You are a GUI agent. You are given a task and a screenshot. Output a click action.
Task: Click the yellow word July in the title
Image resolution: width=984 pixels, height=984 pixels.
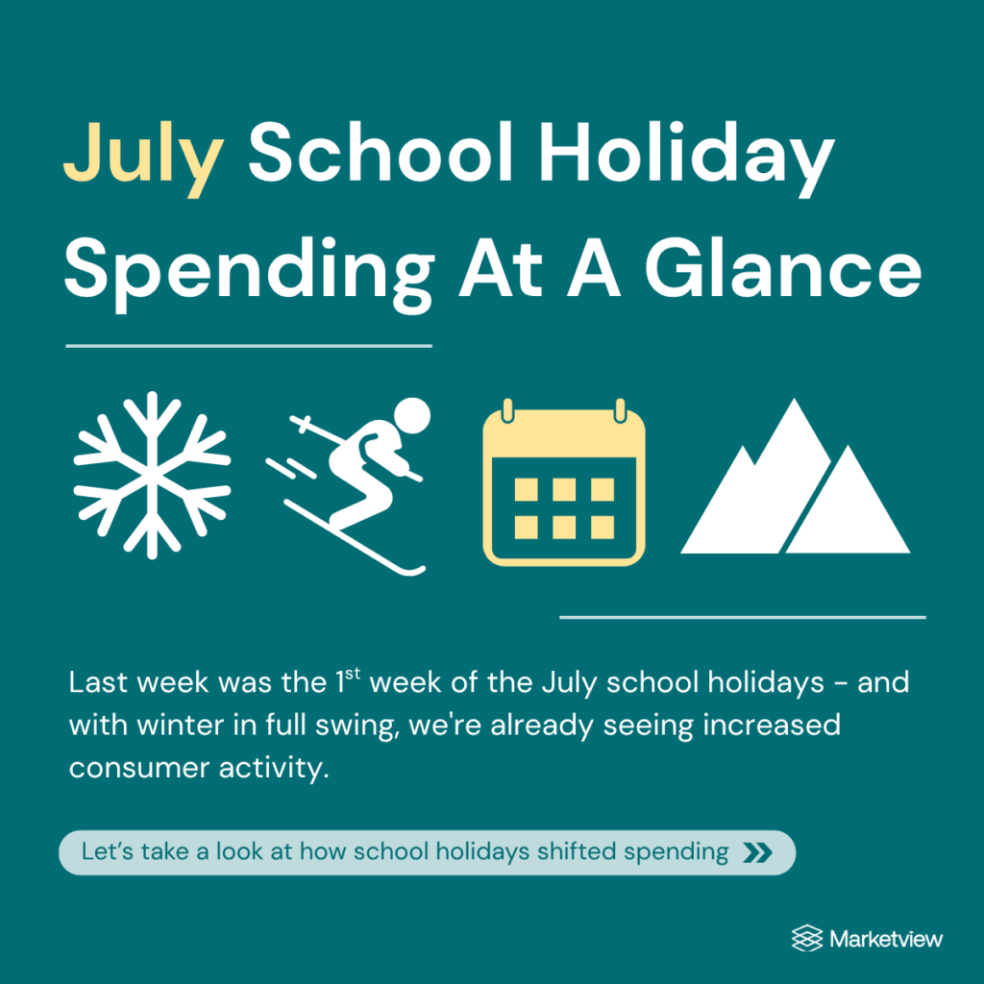pyautogui.click(x=144, y=159)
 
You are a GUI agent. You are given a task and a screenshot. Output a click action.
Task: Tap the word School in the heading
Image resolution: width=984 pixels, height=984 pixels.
pyautogui.click(x=381, y=153)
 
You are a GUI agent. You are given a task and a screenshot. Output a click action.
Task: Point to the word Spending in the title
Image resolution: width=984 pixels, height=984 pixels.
pyautogui.click(x=249, y=274)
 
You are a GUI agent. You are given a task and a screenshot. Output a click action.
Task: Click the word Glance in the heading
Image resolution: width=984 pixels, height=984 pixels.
pyautogui.click(x=783, y=267)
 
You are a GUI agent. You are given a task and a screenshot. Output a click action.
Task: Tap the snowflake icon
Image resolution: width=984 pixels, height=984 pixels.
pyautogui.click(x=152, y=476)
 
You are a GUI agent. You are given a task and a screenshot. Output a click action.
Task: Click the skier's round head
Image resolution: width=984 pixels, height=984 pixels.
pyautogui.click(x=411, y=415)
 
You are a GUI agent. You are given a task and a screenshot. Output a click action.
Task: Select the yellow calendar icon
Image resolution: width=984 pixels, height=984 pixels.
pyautogui.click(x=563, y=482)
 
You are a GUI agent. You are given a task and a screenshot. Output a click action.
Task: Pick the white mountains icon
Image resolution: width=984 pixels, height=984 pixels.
pyautogui.click(x=795, y=476)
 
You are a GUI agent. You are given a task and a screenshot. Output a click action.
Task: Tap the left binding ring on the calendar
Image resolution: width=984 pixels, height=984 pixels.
pyautogui.click(x=507, y=410)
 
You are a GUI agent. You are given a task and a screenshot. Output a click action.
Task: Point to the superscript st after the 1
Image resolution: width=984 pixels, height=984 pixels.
pyautogui.click(x=353, y=674)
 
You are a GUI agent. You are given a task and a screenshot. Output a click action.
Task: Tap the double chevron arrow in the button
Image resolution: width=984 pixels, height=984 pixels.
pyautogui.click(x=757, y=853)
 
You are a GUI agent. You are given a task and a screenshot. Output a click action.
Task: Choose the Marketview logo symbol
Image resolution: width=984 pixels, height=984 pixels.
pyautogui.click(x=807, y=938)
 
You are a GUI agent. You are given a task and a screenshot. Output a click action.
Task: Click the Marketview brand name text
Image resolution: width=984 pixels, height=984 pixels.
pyautogui.click(x=885, y=939)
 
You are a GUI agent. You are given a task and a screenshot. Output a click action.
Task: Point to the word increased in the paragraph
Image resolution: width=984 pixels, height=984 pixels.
pyautogui.click(x=772, y=725)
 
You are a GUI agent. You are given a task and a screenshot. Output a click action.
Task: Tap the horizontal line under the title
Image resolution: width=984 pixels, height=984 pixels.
pyautogui.click(x=249, y=346)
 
